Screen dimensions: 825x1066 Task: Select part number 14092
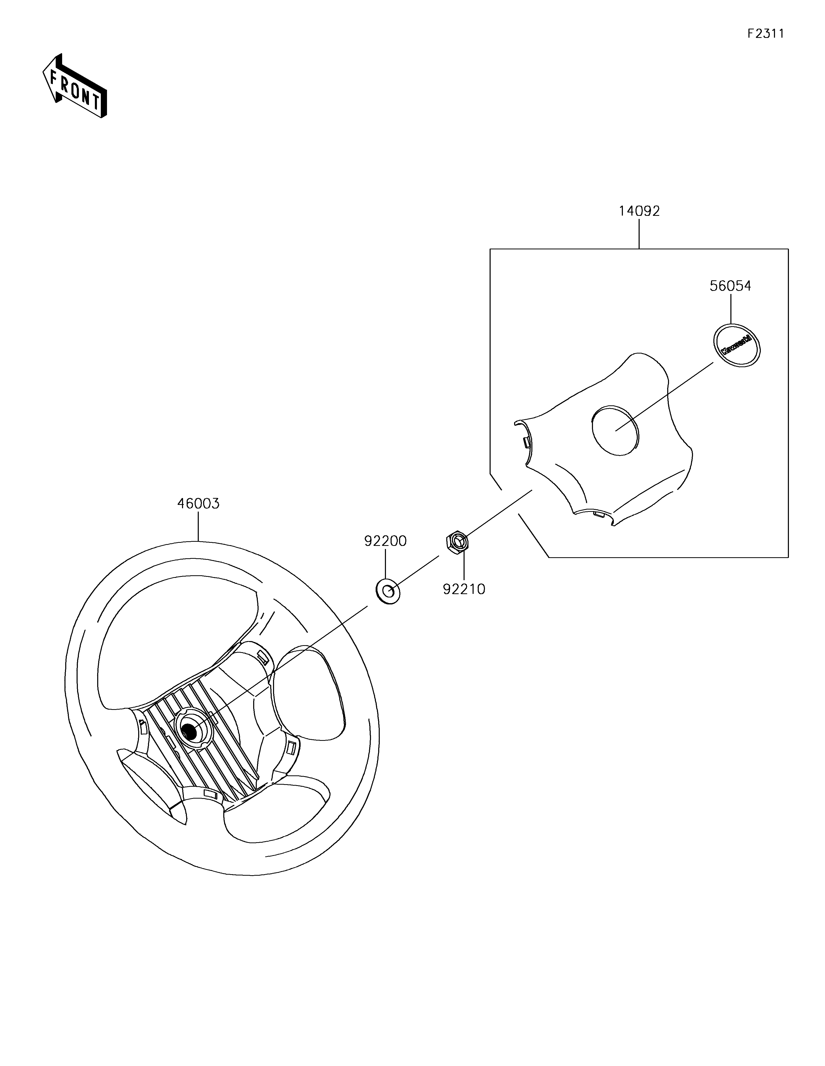point(639,211)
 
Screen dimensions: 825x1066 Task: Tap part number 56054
point(730,286)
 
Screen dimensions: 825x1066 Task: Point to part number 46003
point(198,504)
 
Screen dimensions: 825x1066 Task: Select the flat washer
point(388,592)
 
